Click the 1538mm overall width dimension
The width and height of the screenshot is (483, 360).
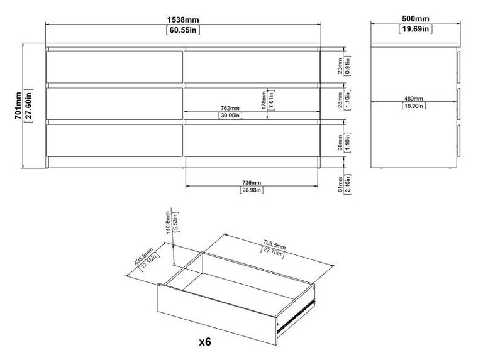click(x=184, y=19)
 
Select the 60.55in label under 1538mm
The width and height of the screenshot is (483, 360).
click(x=184, y=30)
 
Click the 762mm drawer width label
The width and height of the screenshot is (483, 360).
click(x=230, y=107)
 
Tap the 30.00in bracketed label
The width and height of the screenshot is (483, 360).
click(x=230, y=116)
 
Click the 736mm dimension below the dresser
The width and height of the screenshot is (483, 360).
click(x=251, y=182)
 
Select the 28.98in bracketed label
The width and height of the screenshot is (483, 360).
click(x=251, y=190)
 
